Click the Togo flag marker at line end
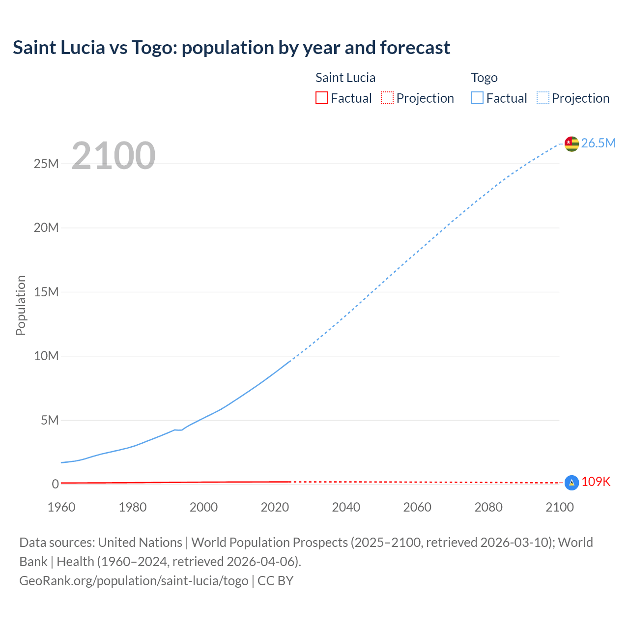572,143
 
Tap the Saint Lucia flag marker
572,483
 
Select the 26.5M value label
598,143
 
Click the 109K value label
596,482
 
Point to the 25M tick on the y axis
46,164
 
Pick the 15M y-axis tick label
46,292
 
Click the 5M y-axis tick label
50,420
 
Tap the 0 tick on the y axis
55,484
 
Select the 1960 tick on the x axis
61,507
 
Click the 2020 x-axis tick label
275,507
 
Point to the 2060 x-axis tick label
417,507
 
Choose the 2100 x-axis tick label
559,507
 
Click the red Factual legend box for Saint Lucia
322,98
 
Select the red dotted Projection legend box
387,98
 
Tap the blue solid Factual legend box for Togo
477,98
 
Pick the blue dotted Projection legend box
543,98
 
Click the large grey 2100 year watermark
114,156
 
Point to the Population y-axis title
21,305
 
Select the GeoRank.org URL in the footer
134,580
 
